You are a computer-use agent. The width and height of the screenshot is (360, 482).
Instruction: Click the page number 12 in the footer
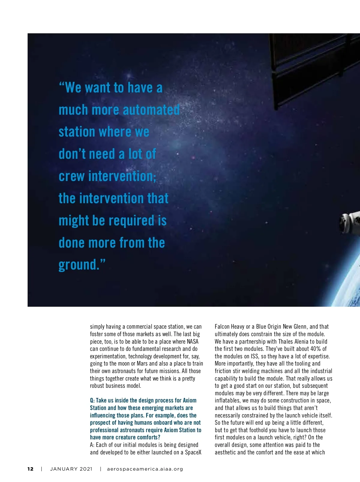(30, 469)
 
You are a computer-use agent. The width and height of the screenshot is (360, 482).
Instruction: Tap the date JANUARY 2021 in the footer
(71, 469)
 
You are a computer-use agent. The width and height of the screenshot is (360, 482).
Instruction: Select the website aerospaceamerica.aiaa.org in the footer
(145, 469)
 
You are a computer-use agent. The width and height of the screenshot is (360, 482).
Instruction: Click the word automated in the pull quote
(151, 110)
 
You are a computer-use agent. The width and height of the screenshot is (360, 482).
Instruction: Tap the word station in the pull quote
(76, 132)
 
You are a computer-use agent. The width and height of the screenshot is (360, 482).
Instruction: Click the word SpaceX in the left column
(193, 452)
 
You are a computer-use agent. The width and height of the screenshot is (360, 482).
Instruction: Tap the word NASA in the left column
(193, 342)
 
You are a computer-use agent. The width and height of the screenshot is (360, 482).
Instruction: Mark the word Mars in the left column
(142, 363)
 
